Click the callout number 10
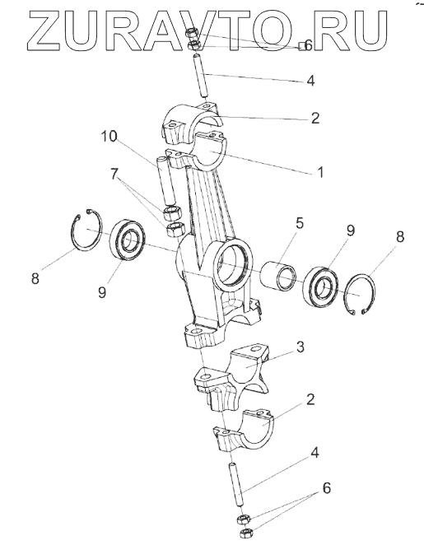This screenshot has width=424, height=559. tap(109, 137)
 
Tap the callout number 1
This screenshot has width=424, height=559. tap(320, 172)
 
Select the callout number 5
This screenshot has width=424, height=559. tap(299, 224)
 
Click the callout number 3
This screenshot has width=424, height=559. tap(301, 347)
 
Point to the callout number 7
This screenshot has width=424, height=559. tap(114, 175)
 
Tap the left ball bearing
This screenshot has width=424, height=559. tap(126, 241)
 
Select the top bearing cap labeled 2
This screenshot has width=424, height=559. tap(194, 122)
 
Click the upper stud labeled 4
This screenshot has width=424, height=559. tap(201, 75)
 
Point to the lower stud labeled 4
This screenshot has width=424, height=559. tap(237, 484)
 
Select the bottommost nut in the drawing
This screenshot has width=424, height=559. tap(245, 533)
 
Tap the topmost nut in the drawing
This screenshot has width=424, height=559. tap(192, 35)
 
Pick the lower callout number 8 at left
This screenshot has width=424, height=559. tap(35, 278)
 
